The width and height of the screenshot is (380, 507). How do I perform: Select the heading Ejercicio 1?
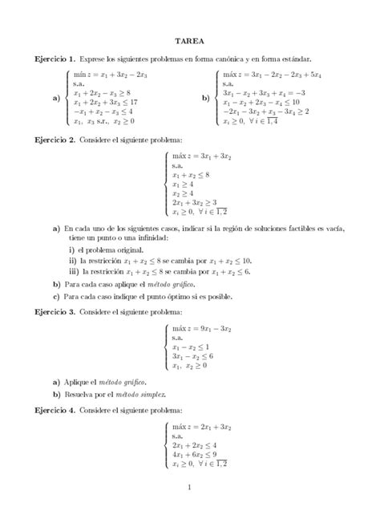point(55,59)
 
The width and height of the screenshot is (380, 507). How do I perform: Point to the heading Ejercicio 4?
point(55,410)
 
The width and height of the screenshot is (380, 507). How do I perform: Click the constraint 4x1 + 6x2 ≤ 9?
point(195,452)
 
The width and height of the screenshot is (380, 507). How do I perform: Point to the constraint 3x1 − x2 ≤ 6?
point(194,355)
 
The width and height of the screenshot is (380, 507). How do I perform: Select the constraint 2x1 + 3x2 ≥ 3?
point(194,203)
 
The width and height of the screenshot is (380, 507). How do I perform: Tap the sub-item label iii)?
point(74,271)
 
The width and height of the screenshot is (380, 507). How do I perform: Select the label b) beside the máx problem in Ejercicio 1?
point(205,97)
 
